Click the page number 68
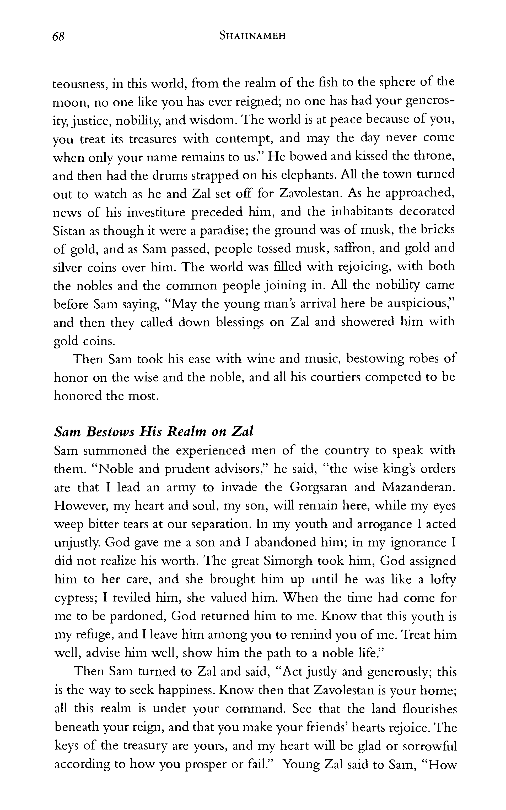58,36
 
